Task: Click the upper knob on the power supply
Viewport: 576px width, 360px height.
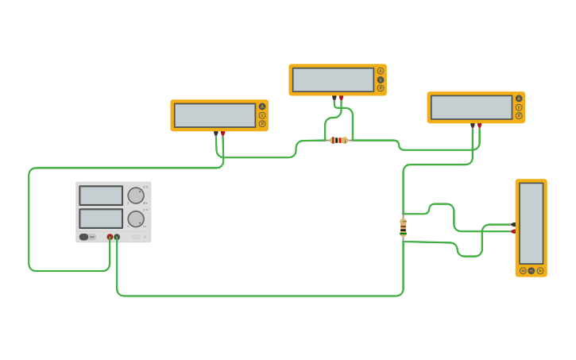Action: click(x=136, y=195)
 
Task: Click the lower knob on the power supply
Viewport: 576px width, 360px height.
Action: click(x=136, y=219)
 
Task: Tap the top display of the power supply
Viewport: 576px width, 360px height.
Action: click(x=101, y=195)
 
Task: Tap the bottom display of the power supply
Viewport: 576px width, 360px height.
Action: click(x=101, y=219)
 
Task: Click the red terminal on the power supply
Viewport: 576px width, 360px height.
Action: click(x=110, y=237)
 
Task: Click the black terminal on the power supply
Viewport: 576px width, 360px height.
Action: click(x=117, y=237)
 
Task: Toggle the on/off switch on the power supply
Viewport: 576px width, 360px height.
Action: click(x=83, y=237)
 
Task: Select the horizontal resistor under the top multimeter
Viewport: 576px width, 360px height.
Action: click(x=338, y=140)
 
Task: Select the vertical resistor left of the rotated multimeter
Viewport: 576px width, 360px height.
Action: click(x=403, y=227)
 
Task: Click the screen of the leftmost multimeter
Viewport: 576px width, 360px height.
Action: click(x=215, y=115)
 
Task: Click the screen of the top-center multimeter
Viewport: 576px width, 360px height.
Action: click(x=333, y=79)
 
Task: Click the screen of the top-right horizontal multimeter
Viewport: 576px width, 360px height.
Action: click(x=471, y=107)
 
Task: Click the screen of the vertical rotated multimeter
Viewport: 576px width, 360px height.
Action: click(x=531, y=223)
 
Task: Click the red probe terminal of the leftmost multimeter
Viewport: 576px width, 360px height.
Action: click(x=222, y=133)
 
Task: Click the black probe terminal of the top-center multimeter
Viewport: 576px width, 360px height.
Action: click(x=334, y=97)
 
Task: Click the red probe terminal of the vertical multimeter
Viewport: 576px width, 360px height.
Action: click(x=513, y=231)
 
